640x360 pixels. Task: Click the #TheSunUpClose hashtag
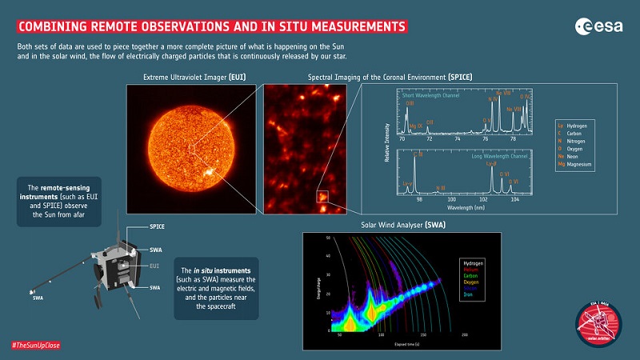pyautogui.click(x=35, y=345)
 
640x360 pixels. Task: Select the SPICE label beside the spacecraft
pyautogui.click(x=158, y=227)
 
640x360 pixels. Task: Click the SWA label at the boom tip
pyautogui.click(x=38, y=298)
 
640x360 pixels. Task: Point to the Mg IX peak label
pyautogui.click(x=415, y=126)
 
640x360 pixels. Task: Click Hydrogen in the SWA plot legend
pyautogui.click(x=472, y=263)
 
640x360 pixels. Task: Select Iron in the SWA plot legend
pyautogui.click(x=467, y=294)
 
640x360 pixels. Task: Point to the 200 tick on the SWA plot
pyautogui.click(x=463, y=336)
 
